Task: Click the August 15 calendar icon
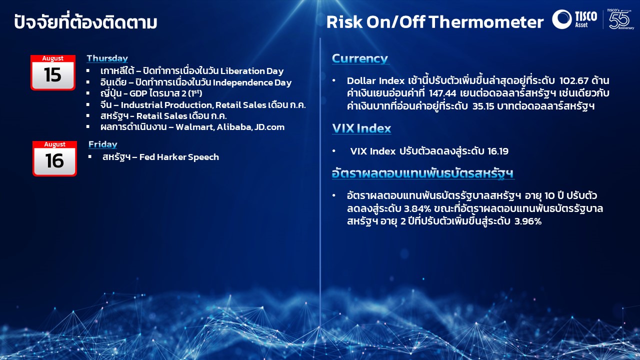pyautogui.click(x=53, y=72)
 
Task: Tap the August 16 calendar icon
pyautogui.click(x=54, y=158)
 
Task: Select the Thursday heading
pyautogui.click(x=107, y=58)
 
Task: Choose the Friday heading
pyautogui.click(x=103, y=144)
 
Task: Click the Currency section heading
pyautogui.click(x=360, y=58)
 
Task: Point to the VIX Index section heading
pyautogui.click(x=361, y=128)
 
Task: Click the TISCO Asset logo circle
pyautogui.click(x=562, y=19)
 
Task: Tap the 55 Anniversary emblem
pyautogui.click(x=619, y=19)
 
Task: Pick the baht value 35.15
pyautogui.click(x=483, y=106)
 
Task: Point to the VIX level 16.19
pyautogui.click(x=497, y=151)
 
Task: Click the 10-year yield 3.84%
pyautogui.click(x=417, y=209)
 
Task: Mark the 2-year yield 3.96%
pyautogui.click(x=528, y=221)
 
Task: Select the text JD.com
pyautogui.click(x=269, y=127)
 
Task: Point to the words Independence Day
pyautogui.click(x=252, y=82)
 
